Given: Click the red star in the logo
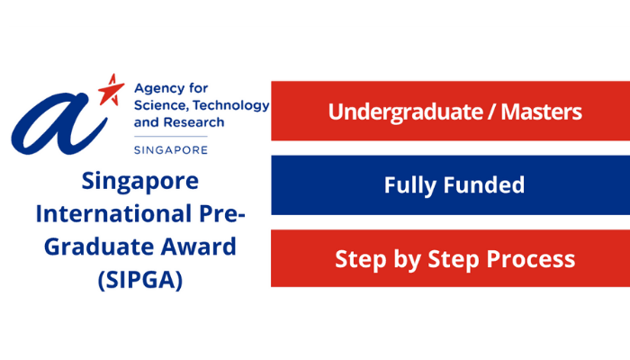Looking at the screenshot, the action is point(112,91).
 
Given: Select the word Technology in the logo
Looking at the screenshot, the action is point(230,106).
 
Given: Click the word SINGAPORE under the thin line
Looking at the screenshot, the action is point(171,150).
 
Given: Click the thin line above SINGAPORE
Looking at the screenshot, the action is point(171,137).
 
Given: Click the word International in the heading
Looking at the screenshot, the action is point(113,214).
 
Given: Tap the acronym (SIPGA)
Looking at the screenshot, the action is point(140,280).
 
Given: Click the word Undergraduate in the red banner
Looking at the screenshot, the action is point(405,112).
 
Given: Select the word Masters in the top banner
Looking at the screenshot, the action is point(541,112).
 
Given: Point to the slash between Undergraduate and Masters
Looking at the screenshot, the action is point(491,112).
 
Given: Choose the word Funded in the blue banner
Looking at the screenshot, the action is point(484,184).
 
